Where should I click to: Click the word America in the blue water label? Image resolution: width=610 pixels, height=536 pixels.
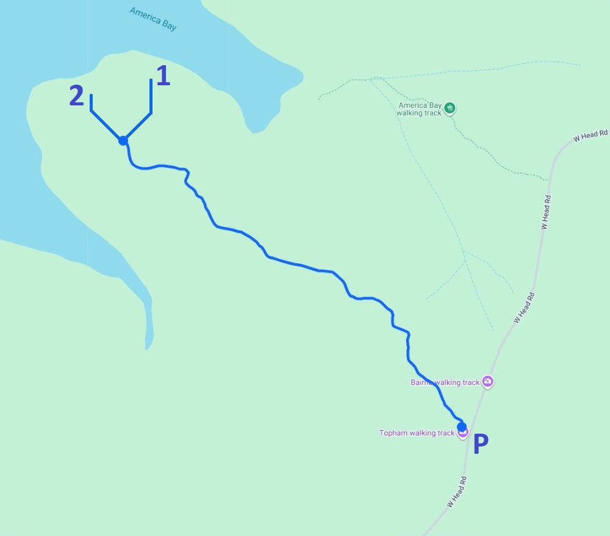[144, 15]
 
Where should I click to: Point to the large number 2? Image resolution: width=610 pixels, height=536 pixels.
[76, 96]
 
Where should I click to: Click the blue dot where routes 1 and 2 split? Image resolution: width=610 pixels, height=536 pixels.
[123, 141]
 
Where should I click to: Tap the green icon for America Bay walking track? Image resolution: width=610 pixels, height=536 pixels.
[450, 108]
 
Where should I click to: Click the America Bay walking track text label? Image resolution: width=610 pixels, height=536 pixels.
[420, 109]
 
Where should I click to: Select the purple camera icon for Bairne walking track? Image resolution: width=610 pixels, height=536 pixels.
[487, 382]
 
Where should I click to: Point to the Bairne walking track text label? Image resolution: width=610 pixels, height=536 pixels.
[445, 383]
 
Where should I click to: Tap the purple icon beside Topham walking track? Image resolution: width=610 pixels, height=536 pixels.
[463, 433]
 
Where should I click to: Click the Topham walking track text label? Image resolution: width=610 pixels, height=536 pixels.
[417, 433]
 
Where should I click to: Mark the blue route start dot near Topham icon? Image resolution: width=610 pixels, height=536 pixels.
[462, 426]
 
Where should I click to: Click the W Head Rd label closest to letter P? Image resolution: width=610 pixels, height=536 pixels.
[456, 492]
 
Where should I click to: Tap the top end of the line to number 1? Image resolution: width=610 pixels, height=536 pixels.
[151, 80]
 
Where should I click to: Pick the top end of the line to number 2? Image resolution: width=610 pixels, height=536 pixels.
[91, 96]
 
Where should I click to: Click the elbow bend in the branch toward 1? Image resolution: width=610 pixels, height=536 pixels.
[151, 113]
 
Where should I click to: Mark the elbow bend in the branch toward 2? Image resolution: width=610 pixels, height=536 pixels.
[91, 111]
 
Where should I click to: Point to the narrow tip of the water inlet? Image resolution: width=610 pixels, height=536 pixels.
[148, 348]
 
